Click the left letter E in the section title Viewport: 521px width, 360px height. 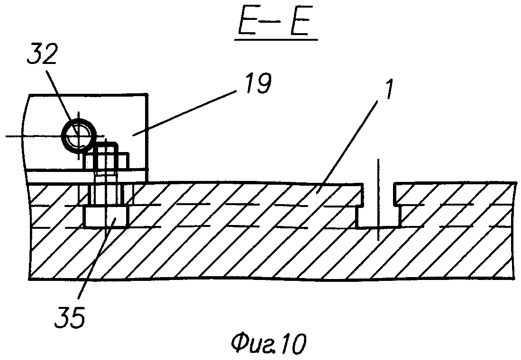[x=247, y=22]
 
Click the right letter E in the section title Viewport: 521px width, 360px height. [x=301, y=22]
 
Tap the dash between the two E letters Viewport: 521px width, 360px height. [x=274, y=22]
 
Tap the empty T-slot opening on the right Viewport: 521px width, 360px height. [x=378, y=209]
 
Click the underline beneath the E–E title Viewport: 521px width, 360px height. [x=275, y=40]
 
